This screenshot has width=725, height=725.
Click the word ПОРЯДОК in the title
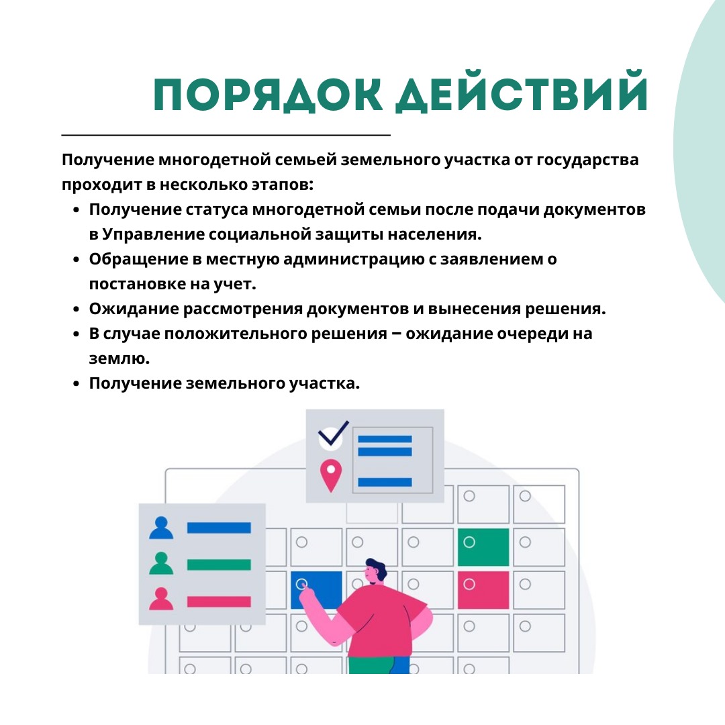[x=268, y=95]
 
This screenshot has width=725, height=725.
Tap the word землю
[x=119, y=358]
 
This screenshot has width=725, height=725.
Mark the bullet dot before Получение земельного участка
[x=77, y=384]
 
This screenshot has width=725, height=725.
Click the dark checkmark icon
[x=334, y=434]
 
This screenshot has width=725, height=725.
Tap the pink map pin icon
[x=331, y=475]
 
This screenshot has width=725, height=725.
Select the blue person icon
[x=161, y=528]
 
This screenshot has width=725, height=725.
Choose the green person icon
[x=161, y=563]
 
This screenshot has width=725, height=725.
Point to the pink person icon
[x=161, y=599]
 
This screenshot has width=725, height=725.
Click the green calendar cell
[x=483, y=547]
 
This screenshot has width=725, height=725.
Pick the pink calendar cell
[x=483, y=590]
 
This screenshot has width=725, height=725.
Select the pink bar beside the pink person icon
[x=219, y=601]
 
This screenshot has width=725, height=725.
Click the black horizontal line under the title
[x=226, y=135]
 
